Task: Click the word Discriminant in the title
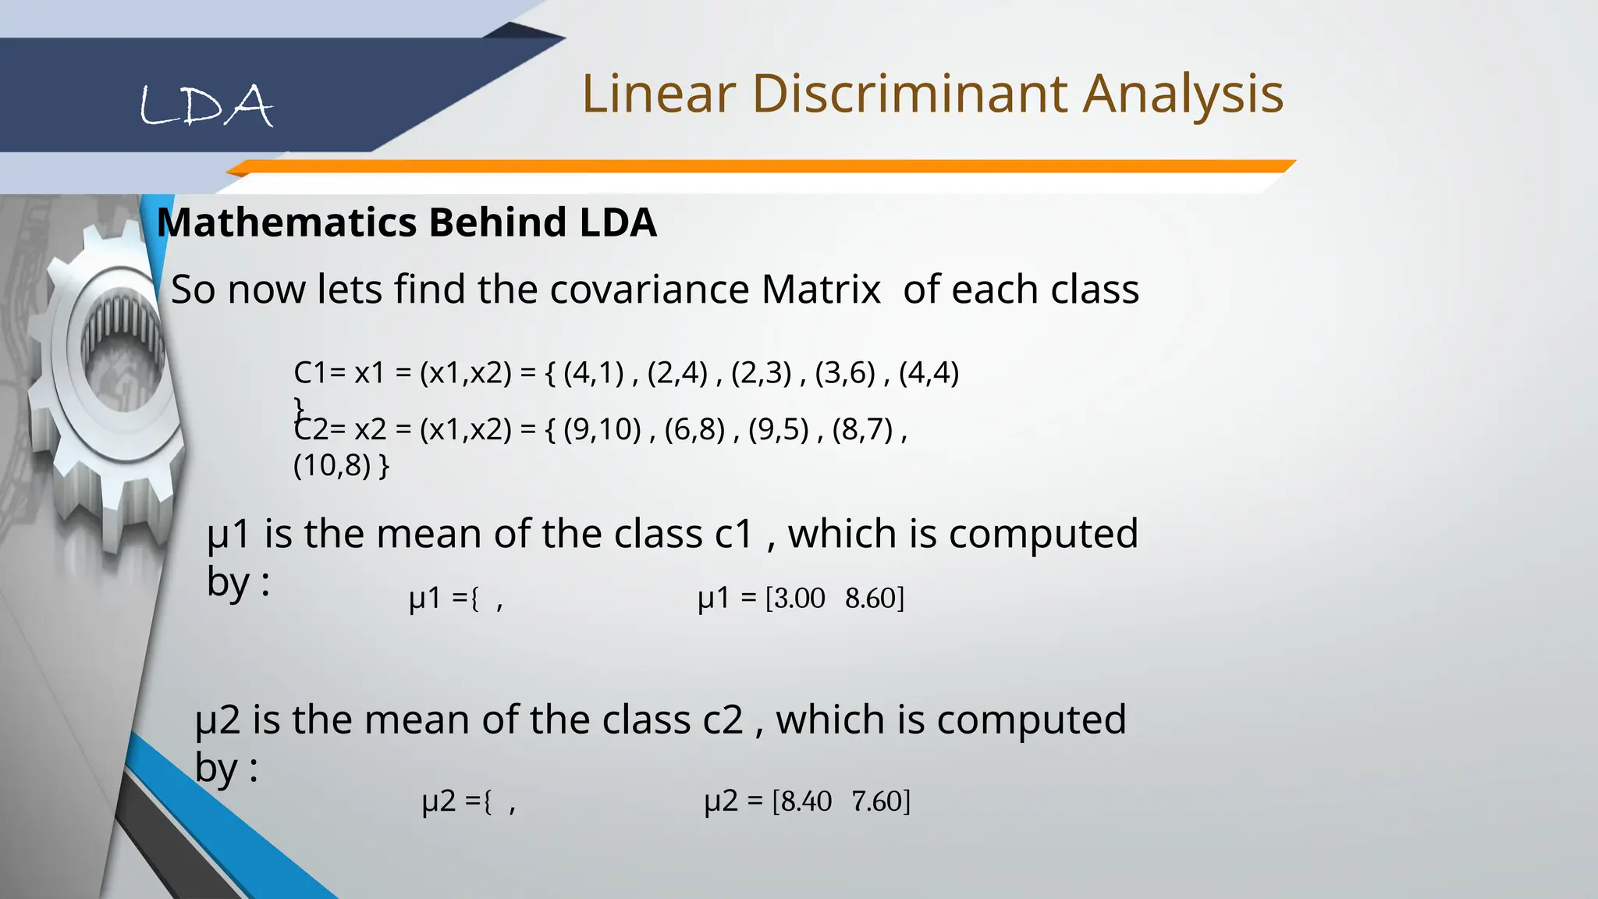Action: tap(910, 94)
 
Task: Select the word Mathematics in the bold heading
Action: tap(287, 222)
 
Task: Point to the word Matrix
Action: tap(821, 290)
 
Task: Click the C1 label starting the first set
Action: tap(310, 373)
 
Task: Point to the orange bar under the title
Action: tap(761, 166)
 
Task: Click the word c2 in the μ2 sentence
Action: tap(723, 720)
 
